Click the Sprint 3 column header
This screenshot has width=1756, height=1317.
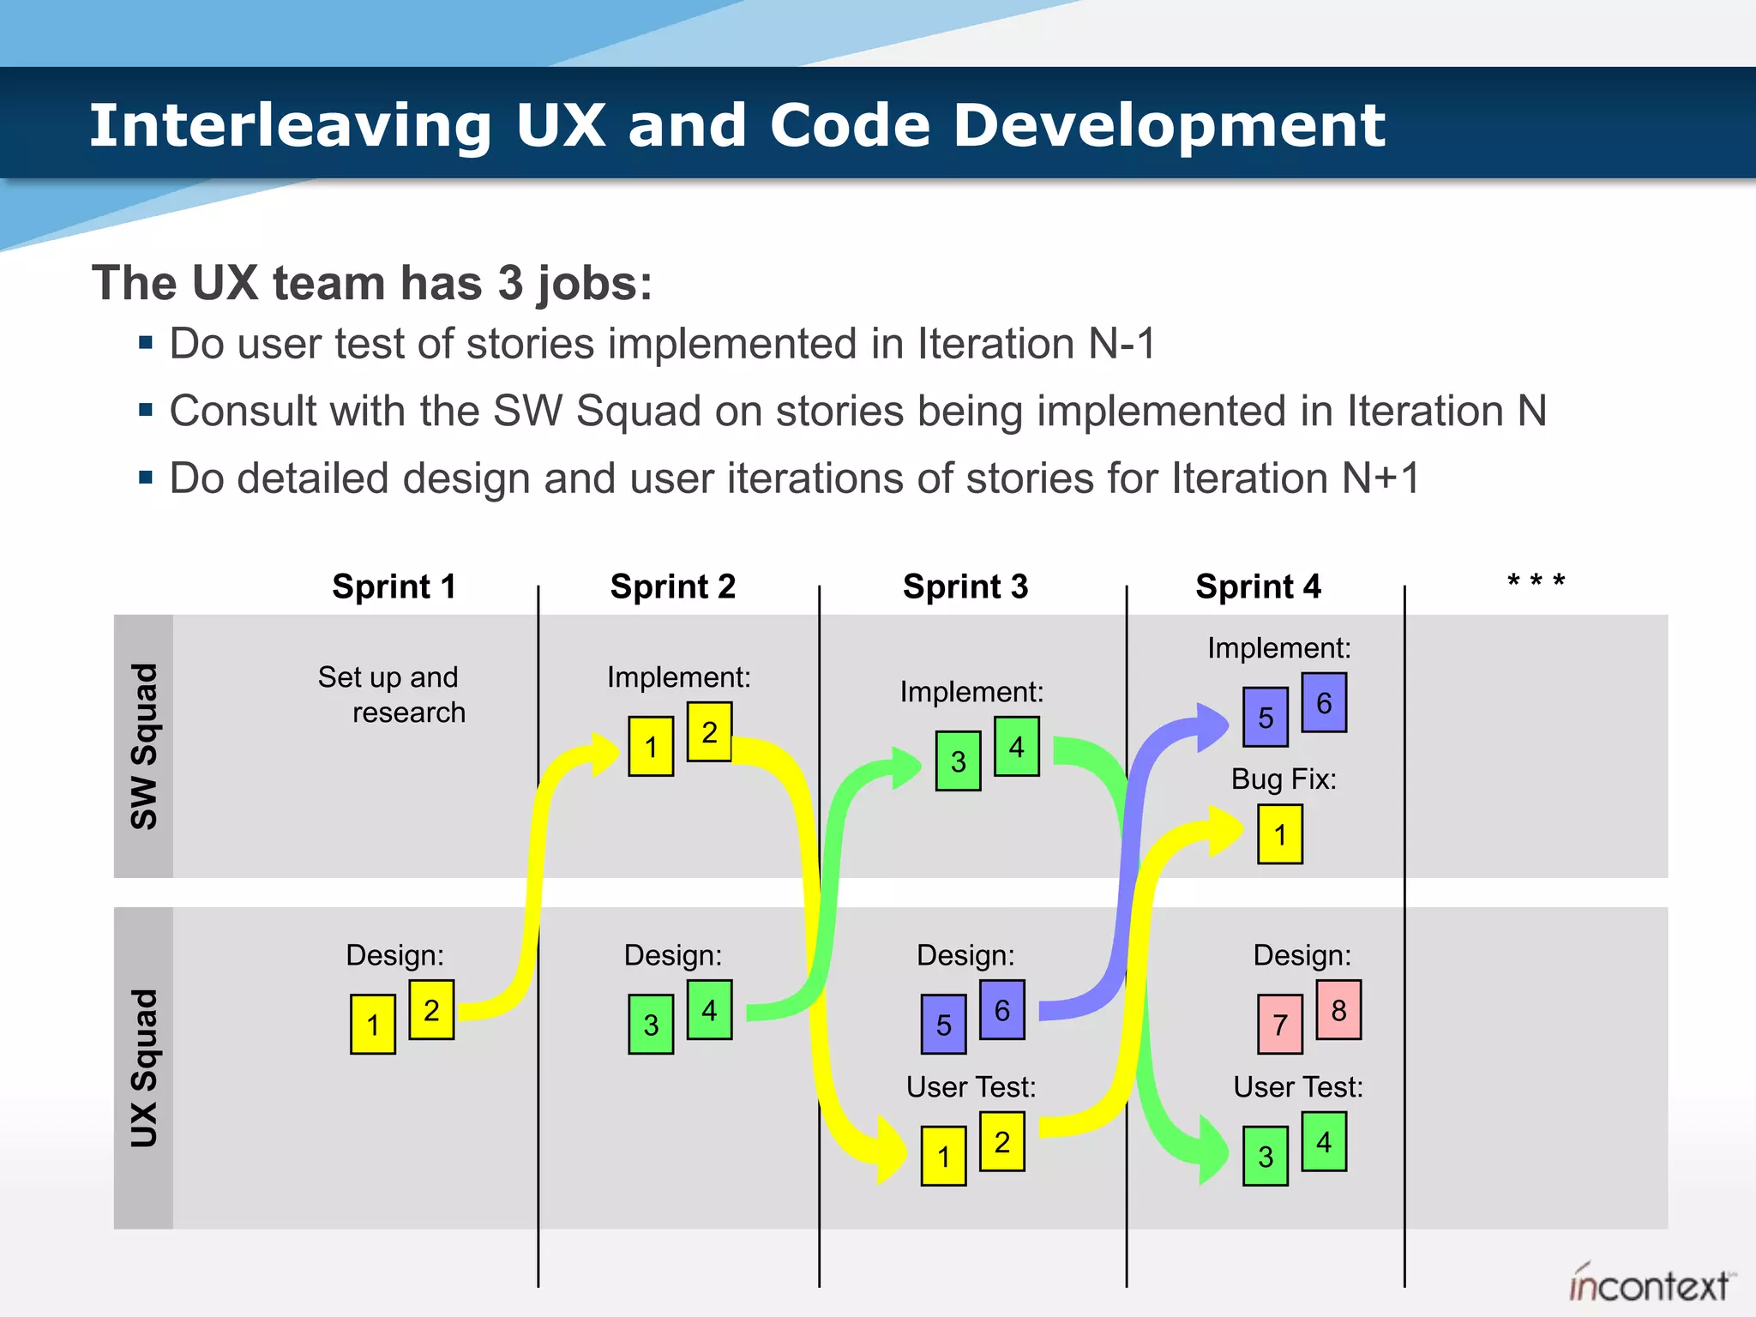[x=965, y=587]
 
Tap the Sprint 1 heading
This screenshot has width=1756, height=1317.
[x=394, y=587]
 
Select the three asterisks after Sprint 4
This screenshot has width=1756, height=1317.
[x=1536, y=582]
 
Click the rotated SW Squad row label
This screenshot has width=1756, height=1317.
[x=144, y=746]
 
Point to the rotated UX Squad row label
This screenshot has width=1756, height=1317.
[x=144, y=1067]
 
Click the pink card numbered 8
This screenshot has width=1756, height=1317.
[x=1338, y=1010]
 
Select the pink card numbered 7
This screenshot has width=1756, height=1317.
[x=1280, y=1025]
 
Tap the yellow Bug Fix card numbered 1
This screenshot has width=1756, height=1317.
[x=1280, y=834]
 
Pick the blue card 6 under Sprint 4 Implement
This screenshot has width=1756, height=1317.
[x=1324, y=703]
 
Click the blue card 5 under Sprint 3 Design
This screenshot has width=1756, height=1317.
[x=943, y=1025]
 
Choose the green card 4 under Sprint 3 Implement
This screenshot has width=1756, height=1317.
[x=1017, y=747]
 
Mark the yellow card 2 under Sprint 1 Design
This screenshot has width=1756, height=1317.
[x=431, y=1010]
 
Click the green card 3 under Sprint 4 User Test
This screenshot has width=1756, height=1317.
[x=1266, y=1157]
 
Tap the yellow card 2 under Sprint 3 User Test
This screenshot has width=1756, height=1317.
[x=1001, y=1142]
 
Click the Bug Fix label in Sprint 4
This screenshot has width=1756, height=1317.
[x=1284, y=779]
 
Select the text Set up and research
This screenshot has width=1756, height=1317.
[x=390, y=695]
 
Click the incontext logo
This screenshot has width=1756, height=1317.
[x=1649, y=1284]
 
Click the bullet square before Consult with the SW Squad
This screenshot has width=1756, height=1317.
[x=146, y=411]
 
